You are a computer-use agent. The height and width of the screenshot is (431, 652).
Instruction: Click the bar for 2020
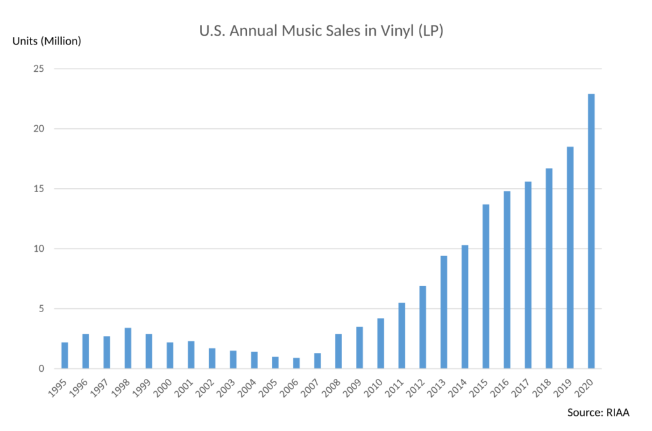(x=591, y=231)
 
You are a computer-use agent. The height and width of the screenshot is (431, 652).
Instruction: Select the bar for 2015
(x=486, y=286)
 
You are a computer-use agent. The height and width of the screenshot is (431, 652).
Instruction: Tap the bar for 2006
(x=296, y=363)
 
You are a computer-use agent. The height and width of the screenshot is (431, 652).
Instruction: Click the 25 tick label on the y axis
(x=40, y=69)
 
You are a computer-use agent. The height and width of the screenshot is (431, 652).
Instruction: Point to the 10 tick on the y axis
(x=40, y=249)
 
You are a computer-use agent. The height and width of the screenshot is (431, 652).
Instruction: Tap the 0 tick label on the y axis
(x=43, y=369)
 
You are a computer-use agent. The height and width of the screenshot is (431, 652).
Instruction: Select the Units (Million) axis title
(x=47, y=42)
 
